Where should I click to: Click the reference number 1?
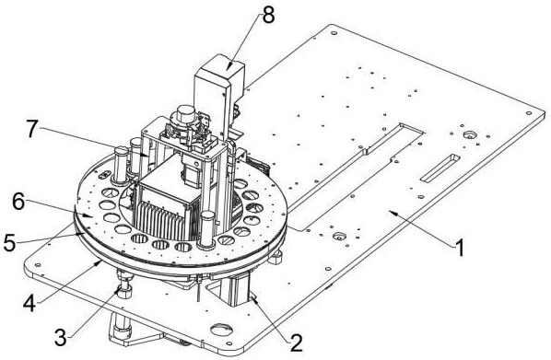pyautogui.click(x=459, y=248)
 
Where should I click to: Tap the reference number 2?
pyautogui.click(x=295, y=343)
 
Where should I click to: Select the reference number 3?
pyautogui.click(x=61, y=338)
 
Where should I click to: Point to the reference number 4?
pyautogui.click(x=29, y=303)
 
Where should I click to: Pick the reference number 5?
pyautogui.click(x=9, y=242)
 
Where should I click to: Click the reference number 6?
pyautogui.click(x=18, y=202)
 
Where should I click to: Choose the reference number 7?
pyautogui.click(x=31, y=129)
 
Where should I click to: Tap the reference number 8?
pyautogui.click(x=268, y=16)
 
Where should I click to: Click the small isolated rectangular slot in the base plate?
pyautogui.click(x=440, y=168)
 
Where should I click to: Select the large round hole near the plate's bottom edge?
pyautogui.click(x=221, y=330)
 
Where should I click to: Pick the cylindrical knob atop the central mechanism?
pyautogui.click(x=185, y=113)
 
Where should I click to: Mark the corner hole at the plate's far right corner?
pyautogui.click(x=528, y=113)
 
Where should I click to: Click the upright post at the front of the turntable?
pyautogui.click(x=206, y=229)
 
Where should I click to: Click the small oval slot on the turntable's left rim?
pyautogui.click(x=104, y=174)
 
